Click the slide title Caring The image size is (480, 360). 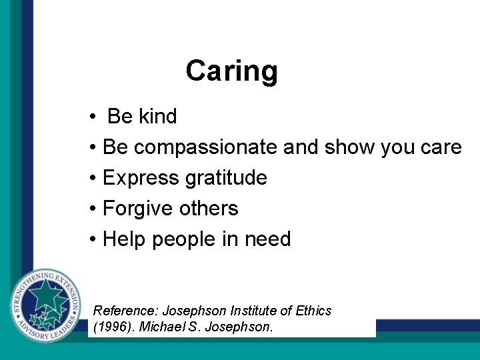tap(231, 71)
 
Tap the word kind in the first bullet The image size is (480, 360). tap(158, 116)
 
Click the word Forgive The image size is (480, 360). tap(137, 209)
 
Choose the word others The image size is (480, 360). tap(208, 209)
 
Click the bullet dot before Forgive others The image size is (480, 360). tap(93, 209)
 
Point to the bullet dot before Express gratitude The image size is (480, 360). tap(93, 179)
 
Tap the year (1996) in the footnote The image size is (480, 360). tap(110, 327)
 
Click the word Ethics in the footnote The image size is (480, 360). tap(314, 311)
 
